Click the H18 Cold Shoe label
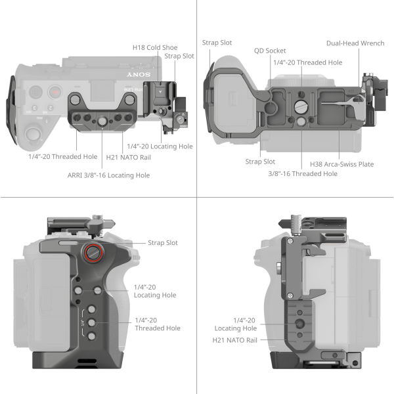pos(156,47)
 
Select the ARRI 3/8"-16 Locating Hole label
pos(108,175)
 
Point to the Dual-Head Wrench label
pos(355,43)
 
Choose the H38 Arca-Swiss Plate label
pos(341,164)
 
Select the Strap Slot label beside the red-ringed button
pos(162,243)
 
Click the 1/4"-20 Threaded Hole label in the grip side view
pos(156,324)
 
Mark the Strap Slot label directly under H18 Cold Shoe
pos(179,56)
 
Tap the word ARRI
pos(77,175)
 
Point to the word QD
pos(260,50)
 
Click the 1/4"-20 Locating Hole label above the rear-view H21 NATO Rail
pos(235,324)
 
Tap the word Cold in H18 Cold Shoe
pos(158,47)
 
